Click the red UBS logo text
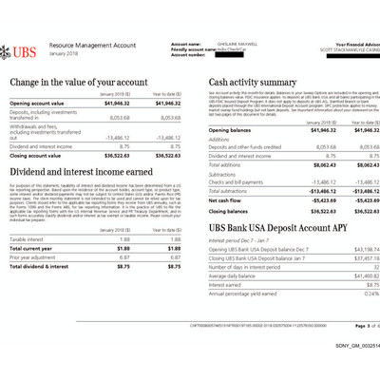click(x=26, y=47)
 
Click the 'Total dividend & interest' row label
click(x=39, y=265)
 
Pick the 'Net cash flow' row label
click(x=226, y=200)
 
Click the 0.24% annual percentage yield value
click(x=360, y=293)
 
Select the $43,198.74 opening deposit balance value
click(x=351, y=250)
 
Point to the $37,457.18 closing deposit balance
click(x=351, y=258)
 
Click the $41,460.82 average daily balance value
click(x=351, y=275)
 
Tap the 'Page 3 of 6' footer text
click(x=351, y=324)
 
